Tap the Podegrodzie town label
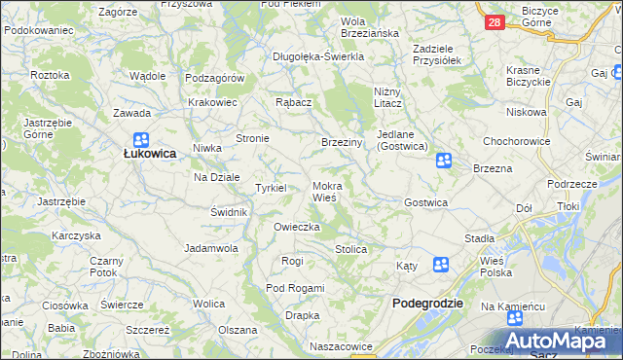[426, 304]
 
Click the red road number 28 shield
[495, 22]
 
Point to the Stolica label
[350, 250]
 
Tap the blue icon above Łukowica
[141, 139]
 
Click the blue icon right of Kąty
[440, 264]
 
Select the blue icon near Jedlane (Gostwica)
[443, 161]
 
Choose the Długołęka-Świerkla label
[318, 56]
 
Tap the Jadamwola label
[212, 248]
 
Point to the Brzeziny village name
[342, 142]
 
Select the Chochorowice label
[517, 141]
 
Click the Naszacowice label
[342, 346]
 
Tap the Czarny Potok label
[105, 267]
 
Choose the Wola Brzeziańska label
[370, 27]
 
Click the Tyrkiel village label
[270, 188]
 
